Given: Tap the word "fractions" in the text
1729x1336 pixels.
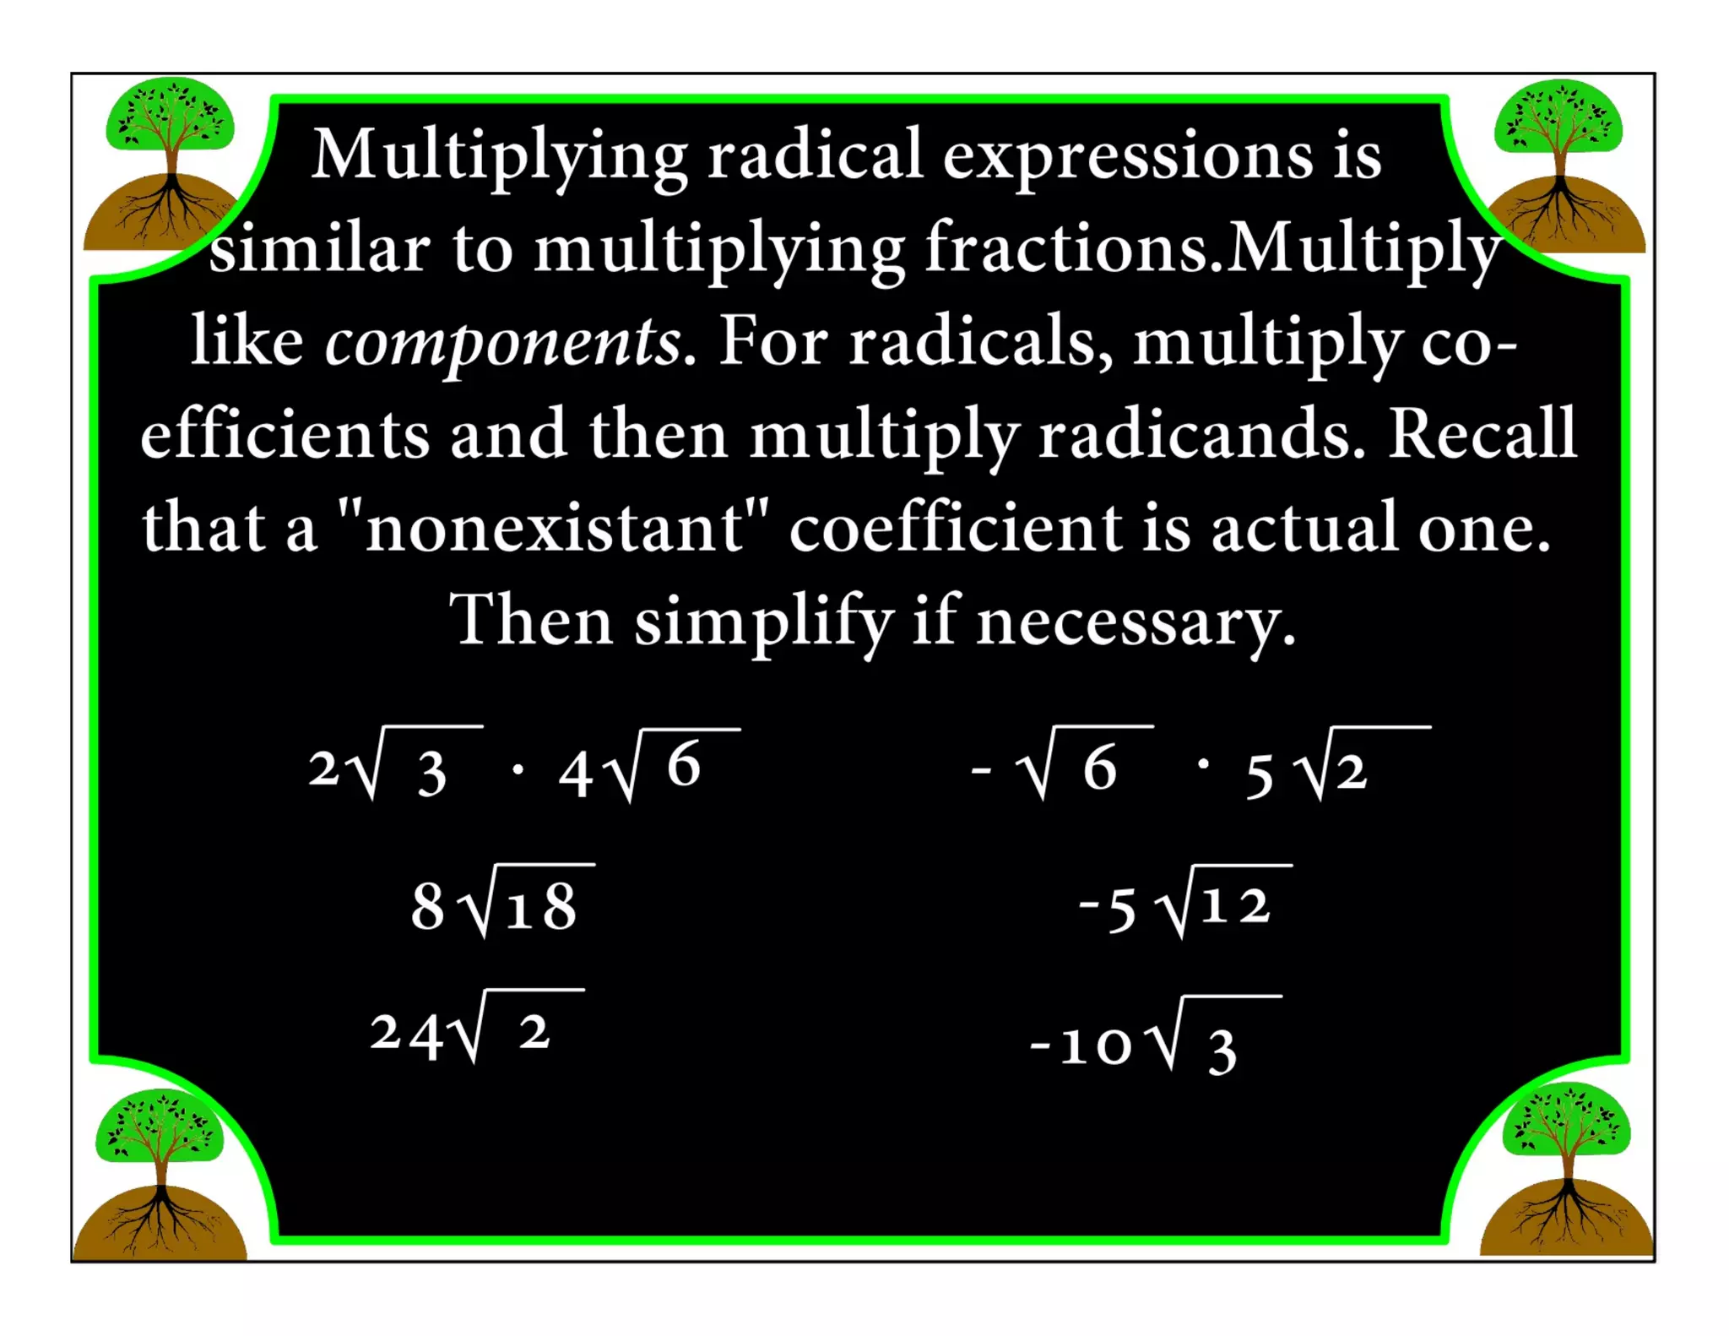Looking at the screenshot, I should [x=1065, y=248].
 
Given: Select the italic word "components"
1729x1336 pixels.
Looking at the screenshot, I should [x=503, y=343].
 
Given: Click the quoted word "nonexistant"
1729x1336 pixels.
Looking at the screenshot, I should [x=553, y=528].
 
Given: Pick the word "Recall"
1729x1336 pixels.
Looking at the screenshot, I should [x=1482, y=434].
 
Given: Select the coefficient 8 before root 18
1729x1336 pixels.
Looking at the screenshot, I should [x=427, y=907].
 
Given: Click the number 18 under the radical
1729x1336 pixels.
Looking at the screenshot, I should [x=541, y=909].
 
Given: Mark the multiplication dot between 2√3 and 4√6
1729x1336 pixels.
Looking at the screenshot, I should [x=518, y=769].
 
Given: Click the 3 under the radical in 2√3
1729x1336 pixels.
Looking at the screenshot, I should [x=431, y=774].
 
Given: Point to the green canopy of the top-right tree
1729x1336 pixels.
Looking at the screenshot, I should [x=1558, y=118].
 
